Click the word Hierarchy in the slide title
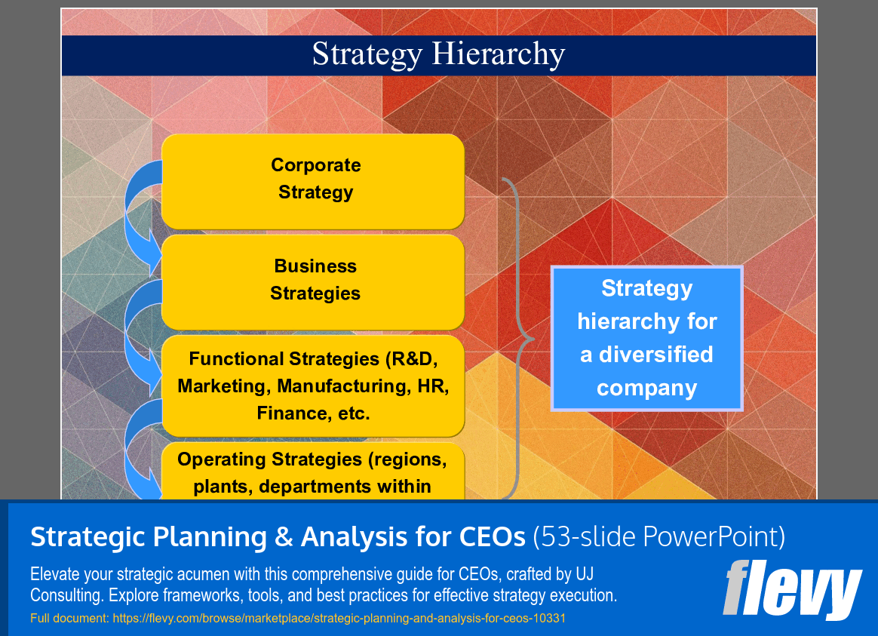pyautogui.click(x=498, y=55)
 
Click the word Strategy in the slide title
pyautogui.click(x=367, y=55)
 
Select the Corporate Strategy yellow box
pyautogui.click(x=313, y=181)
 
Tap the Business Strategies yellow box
pyautogui.click(x=313, y=281)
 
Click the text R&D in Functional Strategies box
pyautogui.click(x=413, y=359)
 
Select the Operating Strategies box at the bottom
pyautogui.click(x=313, y=472)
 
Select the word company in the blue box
pyautogui.click(x=647, y=388)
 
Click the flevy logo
pyautogui.click(x=792, y=589)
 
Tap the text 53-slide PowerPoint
pyautogui.click(x=659, y=537)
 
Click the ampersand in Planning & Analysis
pyautogui.click(x=284, y=537)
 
